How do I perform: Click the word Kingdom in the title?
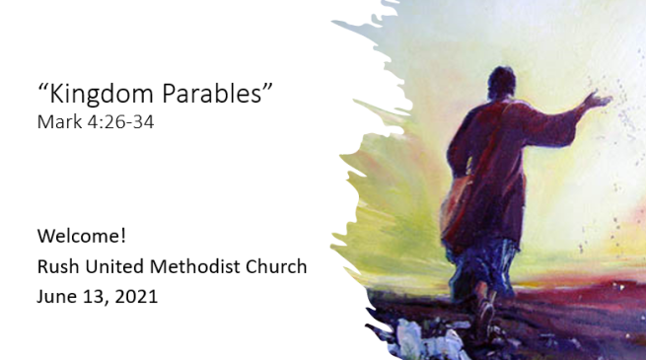pyautogui.click(x=95, y=97)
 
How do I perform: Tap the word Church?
pyautogui.click(x=277, y=266)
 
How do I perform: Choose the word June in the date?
pyautogui.click(x=56, y=295)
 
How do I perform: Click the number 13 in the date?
pyautogui.click(x=96, y=295)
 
